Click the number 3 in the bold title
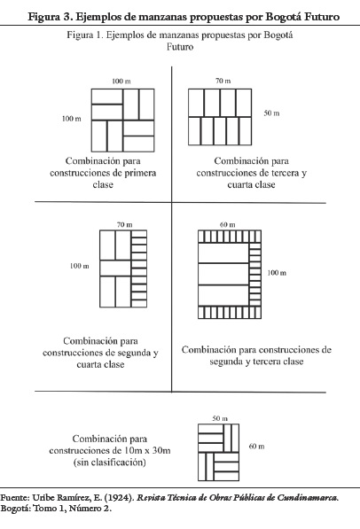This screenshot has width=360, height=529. point(66,16)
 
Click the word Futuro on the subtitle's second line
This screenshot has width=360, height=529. point(180,47)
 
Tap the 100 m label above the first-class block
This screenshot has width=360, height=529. point(121,81)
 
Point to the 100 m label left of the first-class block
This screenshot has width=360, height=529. point(72,119)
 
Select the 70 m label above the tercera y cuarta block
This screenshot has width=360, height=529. point(223,81)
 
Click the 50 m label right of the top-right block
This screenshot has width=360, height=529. point(271,113)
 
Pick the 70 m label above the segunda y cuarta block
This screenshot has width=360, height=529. point(125,224)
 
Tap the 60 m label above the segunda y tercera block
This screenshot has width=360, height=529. point(228,224)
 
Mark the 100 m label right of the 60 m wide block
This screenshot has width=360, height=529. point(277,273)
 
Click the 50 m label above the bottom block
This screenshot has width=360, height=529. point(220,418)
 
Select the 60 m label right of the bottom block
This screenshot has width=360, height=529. point(256,446)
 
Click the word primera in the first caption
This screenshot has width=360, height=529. point(140,173)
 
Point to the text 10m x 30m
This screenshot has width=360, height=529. point(147,450)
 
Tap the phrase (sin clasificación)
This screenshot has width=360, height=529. point(110,463)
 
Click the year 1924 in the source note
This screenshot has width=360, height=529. point(118,498)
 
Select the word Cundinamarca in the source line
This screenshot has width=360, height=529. point(308,498)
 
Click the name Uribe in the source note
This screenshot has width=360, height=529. point(43,498)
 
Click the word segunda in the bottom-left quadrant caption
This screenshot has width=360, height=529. point(134,353)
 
